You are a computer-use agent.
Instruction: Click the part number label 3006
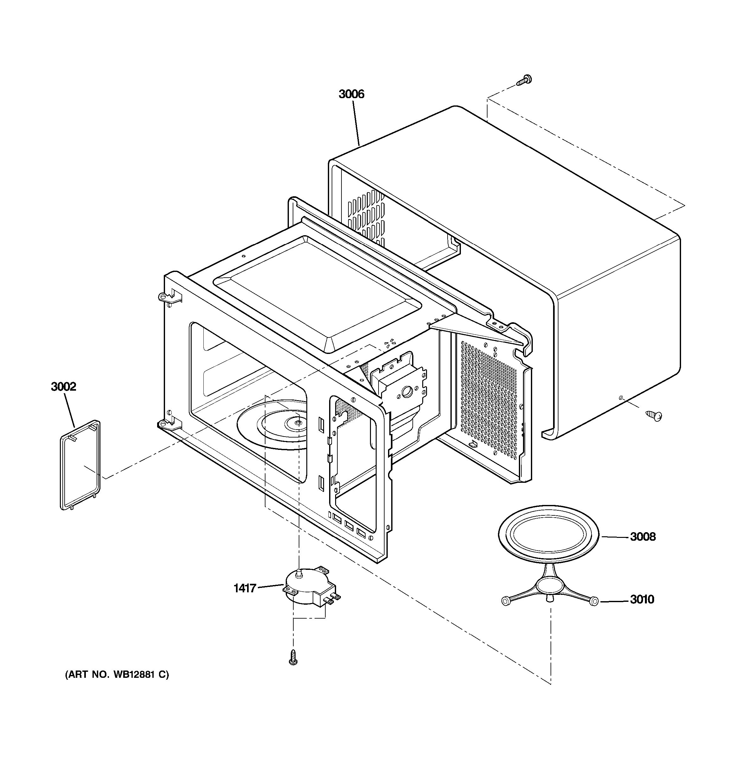point(351,94)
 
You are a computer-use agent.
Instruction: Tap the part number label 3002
point(63,387)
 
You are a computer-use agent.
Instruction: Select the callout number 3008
point(643,537)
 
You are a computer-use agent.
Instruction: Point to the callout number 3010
point(642,600)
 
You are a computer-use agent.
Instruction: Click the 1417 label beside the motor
point(245,588)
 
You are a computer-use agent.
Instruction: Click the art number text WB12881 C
point(117,675)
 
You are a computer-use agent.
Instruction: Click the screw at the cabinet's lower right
point(654,416)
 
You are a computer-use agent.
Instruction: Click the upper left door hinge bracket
point(167,297)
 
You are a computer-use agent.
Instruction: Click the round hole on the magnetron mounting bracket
point(407,391)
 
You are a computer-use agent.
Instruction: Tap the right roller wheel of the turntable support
point(594,601)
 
